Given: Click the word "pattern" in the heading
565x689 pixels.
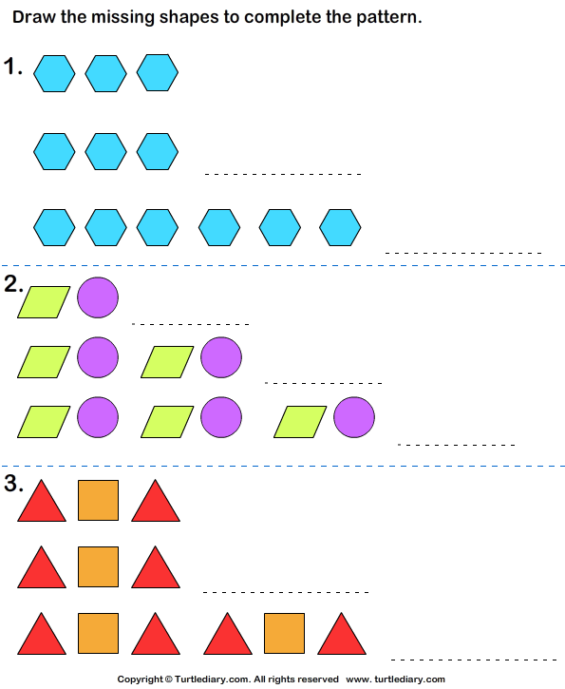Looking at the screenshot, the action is (x=389, y=17).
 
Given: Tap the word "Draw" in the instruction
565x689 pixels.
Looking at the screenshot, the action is (x=33, y=17).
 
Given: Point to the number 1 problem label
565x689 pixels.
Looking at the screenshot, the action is (x=12, y=67).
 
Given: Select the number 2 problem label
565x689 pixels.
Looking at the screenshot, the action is (x=13, y=284).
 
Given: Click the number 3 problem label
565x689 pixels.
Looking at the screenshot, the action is (x=13, y=483).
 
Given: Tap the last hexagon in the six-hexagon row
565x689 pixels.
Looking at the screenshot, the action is (x=340, y=227).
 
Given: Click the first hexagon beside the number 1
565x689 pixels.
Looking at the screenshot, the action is (x=54, y=73).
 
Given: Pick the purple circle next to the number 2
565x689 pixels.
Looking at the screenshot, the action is (x=98, y=297).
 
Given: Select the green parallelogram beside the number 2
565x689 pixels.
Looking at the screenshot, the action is (x=44, y=302).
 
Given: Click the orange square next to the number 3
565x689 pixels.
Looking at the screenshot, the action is (x=98, y=500).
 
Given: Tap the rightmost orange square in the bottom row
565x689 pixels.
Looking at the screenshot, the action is (x=284, y=633).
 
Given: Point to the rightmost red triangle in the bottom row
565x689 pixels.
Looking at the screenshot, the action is (x=342, y=634).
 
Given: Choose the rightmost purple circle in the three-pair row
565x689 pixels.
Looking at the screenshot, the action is (x=354, y=417).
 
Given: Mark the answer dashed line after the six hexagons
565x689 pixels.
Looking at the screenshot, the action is (x=463, y=253).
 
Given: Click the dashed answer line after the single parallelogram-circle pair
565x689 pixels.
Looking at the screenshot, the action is (x=191, y=324).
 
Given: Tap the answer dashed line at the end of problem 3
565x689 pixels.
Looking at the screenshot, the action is (x=474, y=660).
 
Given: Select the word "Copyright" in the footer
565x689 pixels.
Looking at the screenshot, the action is (x=140, y=679).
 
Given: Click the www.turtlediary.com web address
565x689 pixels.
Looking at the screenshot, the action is (x=396, y=679).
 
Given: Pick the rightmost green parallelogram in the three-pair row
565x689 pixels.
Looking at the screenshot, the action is (x=300, y=422).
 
